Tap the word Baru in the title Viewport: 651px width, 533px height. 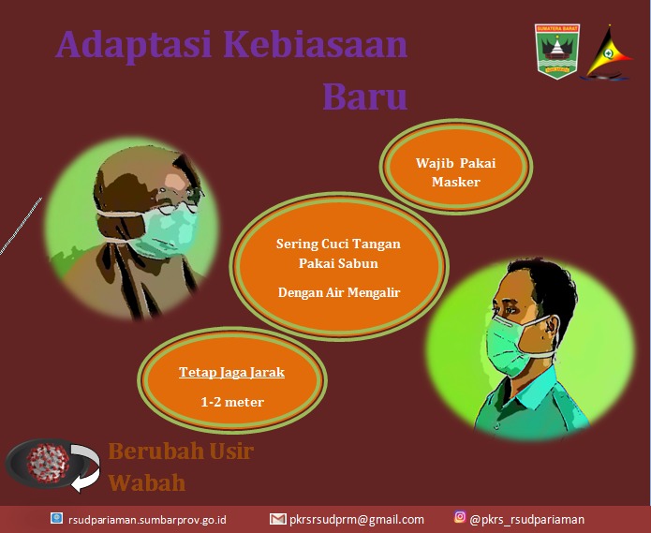click(x=365, y=96)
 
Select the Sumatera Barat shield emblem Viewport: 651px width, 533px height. click(x=557, y=52)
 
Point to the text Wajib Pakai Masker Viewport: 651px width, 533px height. click(x=456, y=172)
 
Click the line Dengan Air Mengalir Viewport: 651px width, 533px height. click(x=339, y=292)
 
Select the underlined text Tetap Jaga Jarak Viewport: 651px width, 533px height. click(x=231, y=372)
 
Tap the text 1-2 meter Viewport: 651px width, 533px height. click(x=232, y=402)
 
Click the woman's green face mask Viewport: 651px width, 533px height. click(x=167, y=233)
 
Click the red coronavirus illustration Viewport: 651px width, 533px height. click(x=47, y=463)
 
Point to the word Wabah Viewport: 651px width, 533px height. click(x=146, y=482)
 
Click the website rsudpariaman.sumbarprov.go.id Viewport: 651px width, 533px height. click(x=147, y=520)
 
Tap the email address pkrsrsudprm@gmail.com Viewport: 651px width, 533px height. click(x=357, y=520)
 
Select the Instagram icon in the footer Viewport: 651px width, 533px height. click(x=460, y=517)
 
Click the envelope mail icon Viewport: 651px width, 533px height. click(x=278, y=519)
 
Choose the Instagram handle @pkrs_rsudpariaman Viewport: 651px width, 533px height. click(x=526, y=520)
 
